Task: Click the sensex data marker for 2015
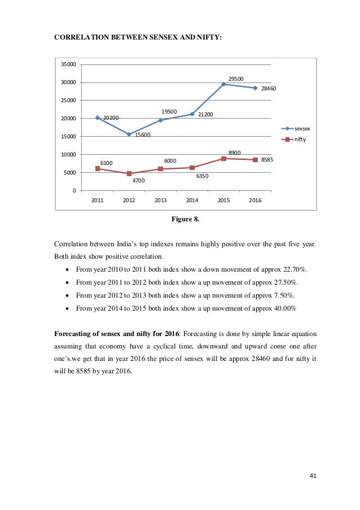[223, 84]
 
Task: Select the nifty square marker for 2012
[129, 173]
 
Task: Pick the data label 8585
[267, 160]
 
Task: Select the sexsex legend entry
[302, 129]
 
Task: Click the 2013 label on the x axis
[161, 200]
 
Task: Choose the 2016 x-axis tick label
[255, 200]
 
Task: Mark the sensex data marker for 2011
[98, 117]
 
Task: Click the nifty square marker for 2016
[255, 160]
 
